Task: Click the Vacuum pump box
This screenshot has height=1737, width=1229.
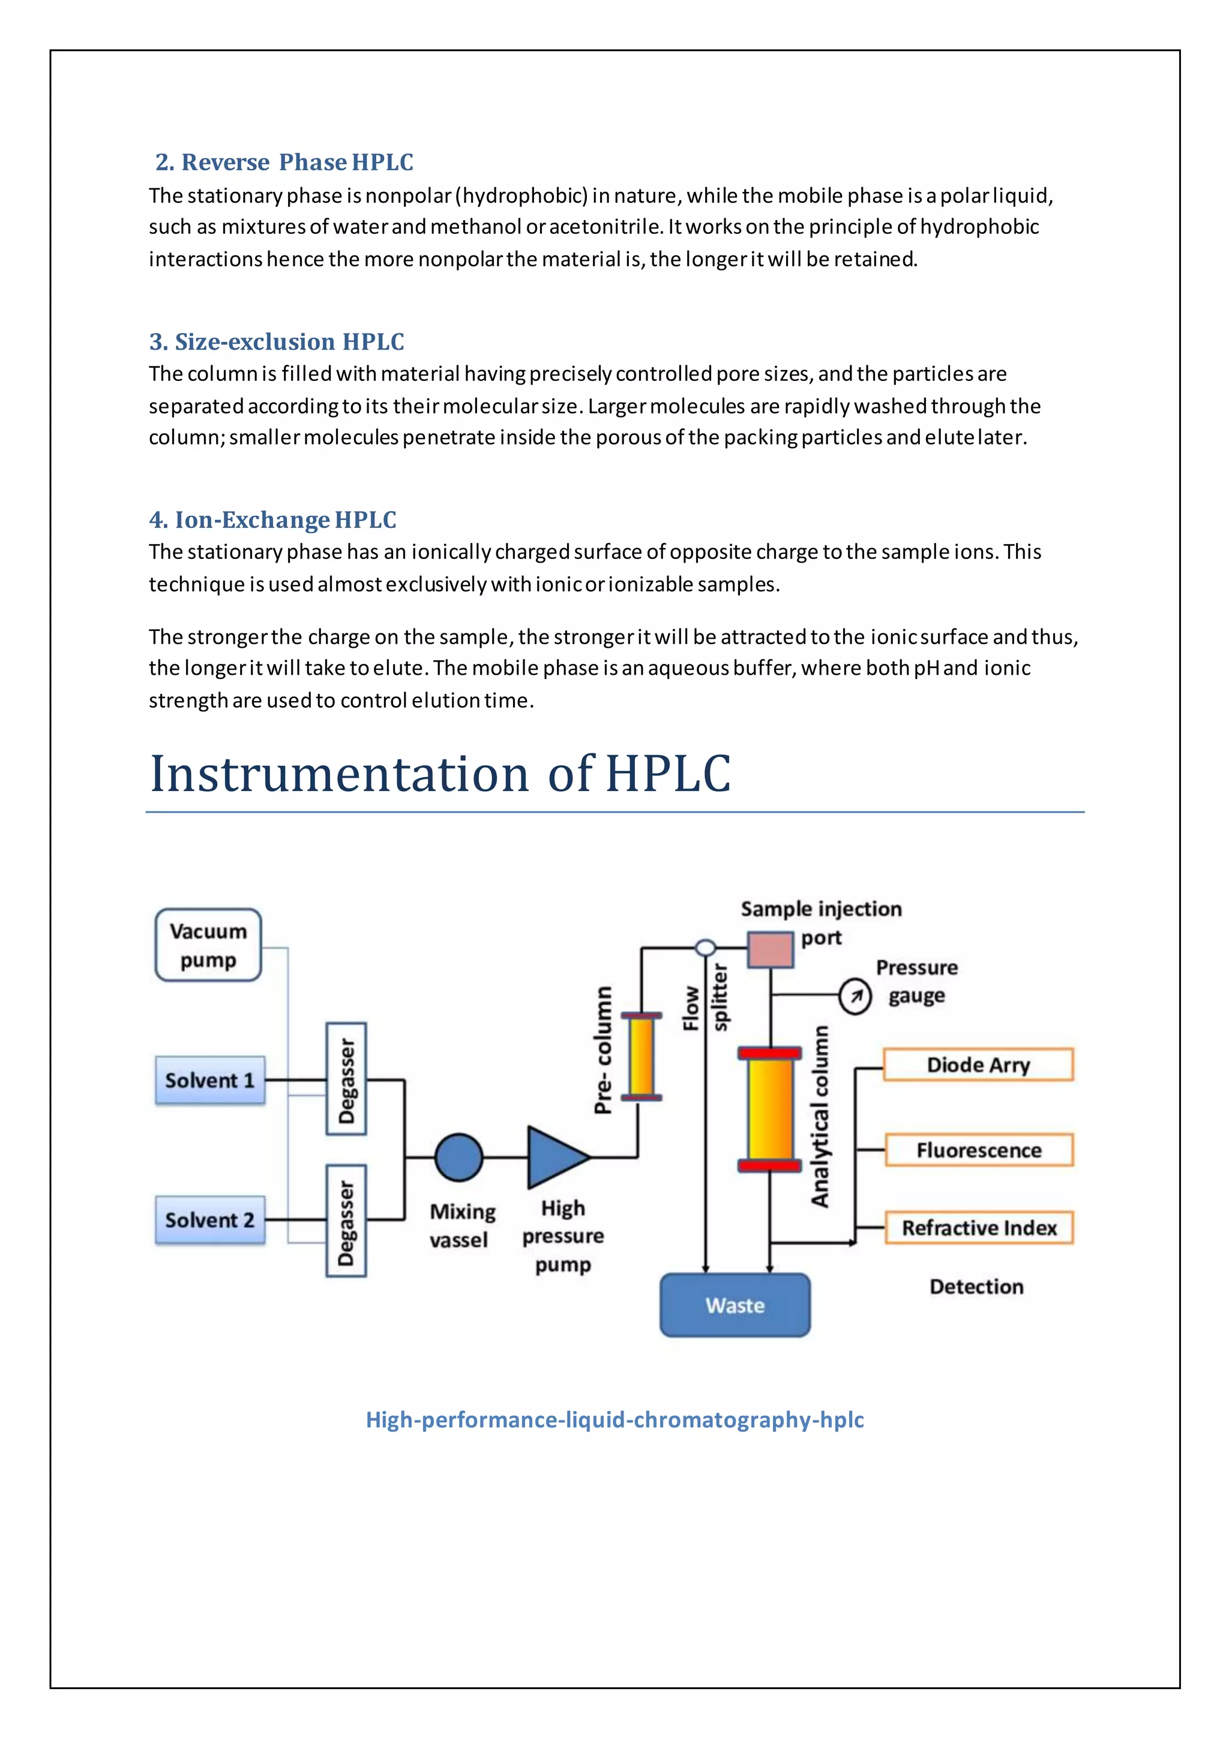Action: click(208, 945)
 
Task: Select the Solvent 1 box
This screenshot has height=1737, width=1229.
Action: click(209, 1080)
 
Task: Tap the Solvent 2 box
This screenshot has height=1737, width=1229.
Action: click(209, 1219)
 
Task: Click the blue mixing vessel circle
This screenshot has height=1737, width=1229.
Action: click(458, 1157)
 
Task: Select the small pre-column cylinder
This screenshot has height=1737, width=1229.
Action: click(641, 1056)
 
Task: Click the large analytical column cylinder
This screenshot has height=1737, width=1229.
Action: click(770, 1109)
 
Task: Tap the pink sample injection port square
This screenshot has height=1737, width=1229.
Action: click(771, 949)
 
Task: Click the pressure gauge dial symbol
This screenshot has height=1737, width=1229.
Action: click(855, 996)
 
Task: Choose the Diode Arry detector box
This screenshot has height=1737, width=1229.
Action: click(978, 1065)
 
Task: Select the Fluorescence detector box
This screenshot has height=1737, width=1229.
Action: click(979, 1150)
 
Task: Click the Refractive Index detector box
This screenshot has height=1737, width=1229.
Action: click(979, 1227)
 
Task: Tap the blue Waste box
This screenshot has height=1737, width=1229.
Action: click(735, 1305)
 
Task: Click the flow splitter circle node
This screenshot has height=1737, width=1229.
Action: click(705, 947)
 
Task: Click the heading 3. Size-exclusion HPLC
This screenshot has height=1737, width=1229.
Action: click(276, 342)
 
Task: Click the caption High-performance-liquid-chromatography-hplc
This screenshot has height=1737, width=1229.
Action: click(614, 1419)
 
